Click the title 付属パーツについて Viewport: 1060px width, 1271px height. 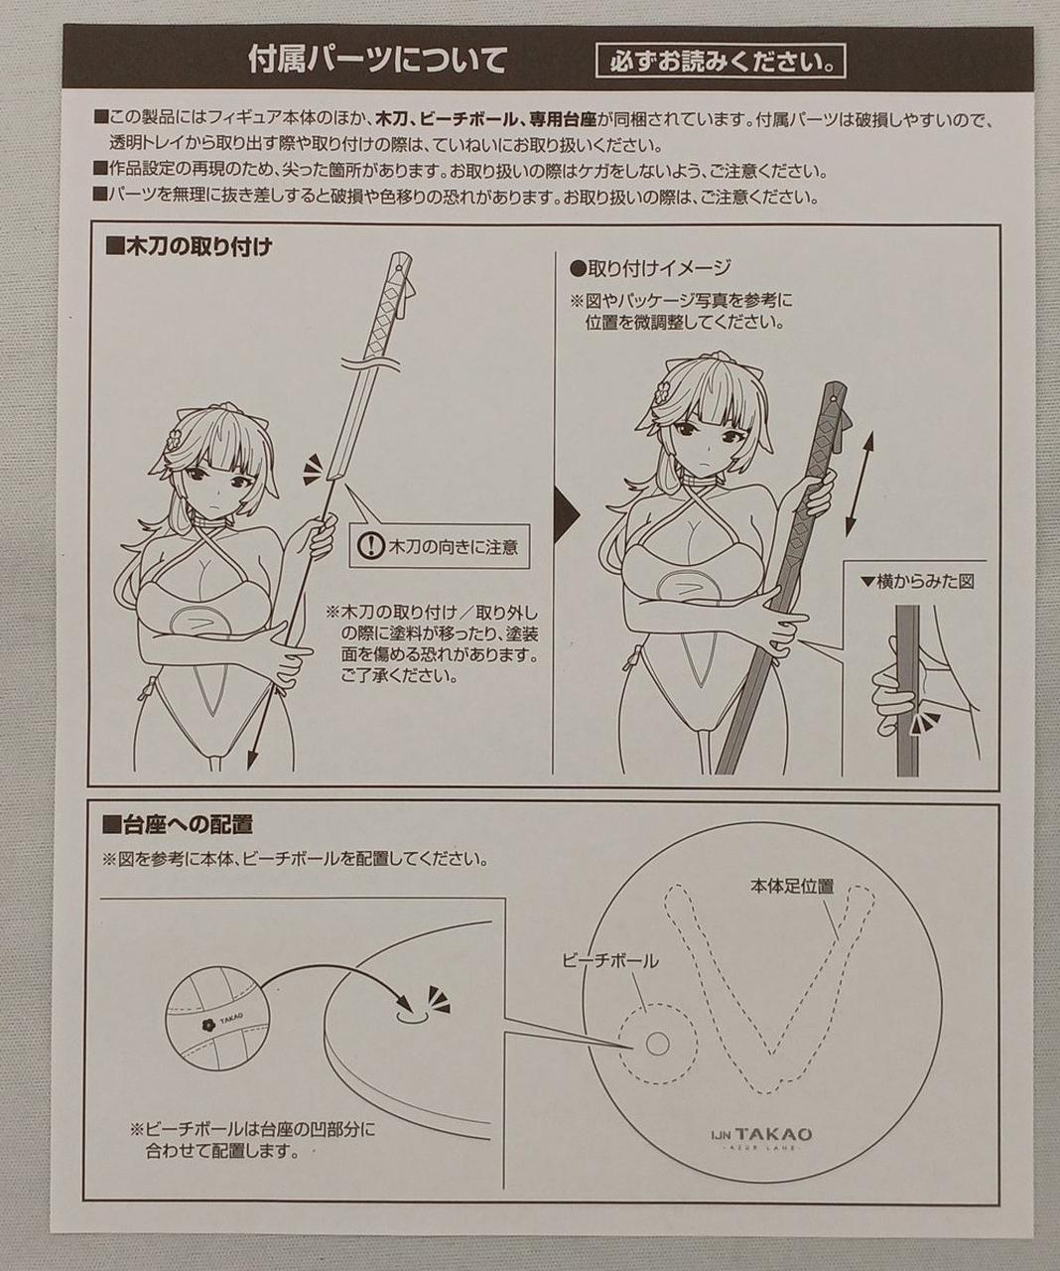(x=377, y=61)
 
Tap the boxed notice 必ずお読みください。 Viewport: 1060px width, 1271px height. (x=722, y=62)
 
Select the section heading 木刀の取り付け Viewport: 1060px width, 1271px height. (x=190, y=246)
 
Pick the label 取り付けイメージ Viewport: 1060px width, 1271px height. (x=650, y=267)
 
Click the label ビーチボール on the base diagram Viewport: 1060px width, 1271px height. (x=609, y=961)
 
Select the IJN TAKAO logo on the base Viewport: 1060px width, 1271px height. (x=762, y=1134)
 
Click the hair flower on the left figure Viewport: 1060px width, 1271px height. (x=175, y=438)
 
